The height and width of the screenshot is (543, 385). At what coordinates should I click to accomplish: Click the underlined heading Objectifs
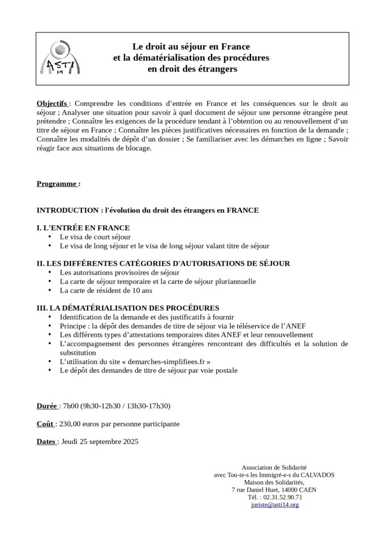[52, 103]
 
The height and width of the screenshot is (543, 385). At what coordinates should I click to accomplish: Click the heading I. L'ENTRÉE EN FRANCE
[83, 227]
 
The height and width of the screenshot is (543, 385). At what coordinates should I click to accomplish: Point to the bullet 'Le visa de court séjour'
[95, 237]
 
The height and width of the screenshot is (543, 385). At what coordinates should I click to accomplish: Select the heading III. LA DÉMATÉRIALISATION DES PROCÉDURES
[127, 308]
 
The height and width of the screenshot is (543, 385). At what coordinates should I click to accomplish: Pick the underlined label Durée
[47, 406]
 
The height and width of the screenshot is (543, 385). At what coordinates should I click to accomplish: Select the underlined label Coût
[45, 424]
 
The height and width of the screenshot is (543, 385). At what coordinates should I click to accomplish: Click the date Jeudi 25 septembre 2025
[100, 441]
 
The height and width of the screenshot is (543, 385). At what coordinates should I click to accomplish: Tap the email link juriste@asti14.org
[275, 505]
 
